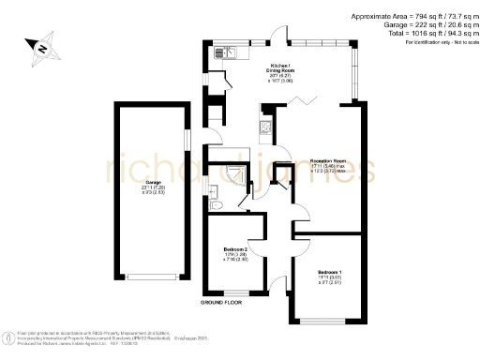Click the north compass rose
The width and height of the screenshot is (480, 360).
coord(40,46)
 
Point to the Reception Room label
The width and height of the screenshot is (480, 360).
coord(328,167)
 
